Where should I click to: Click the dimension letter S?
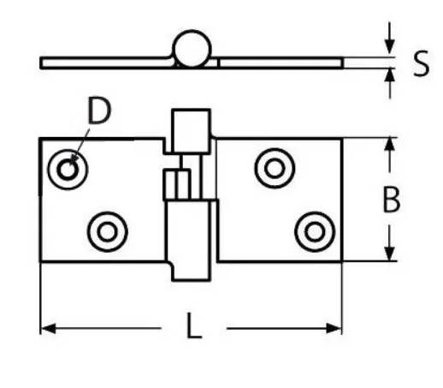click(421, 63)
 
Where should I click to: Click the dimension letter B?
click(392, 199)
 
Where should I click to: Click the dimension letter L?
click(194, 325)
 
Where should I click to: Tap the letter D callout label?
click(99, 110)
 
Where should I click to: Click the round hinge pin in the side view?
click(192, 48)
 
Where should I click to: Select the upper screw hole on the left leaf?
click(68, 170)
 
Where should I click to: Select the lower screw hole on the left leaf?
click(108, 231)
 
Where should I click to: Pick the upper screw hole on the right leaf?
click(275, 168)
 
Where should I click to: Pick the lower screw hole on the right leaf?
click(315, 231)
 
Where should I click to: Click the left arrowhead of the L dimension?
click(48, 328)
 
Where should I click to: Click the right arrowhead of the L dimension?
click(334, 328)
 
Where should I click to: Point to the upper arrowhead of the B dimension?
click(390, 145)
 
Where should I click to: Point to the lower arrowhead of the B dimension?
click(390, 254)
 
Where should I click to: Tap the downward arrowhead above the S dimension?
click(390, 48)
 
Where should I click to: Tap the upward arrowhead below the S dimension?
click(390, 76)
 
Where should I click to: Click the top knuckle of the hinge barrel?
click(191, 131)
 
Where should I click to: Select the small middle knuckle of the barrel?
click(177, 184)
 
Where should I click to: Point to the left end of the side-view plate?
click(41, 63)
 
